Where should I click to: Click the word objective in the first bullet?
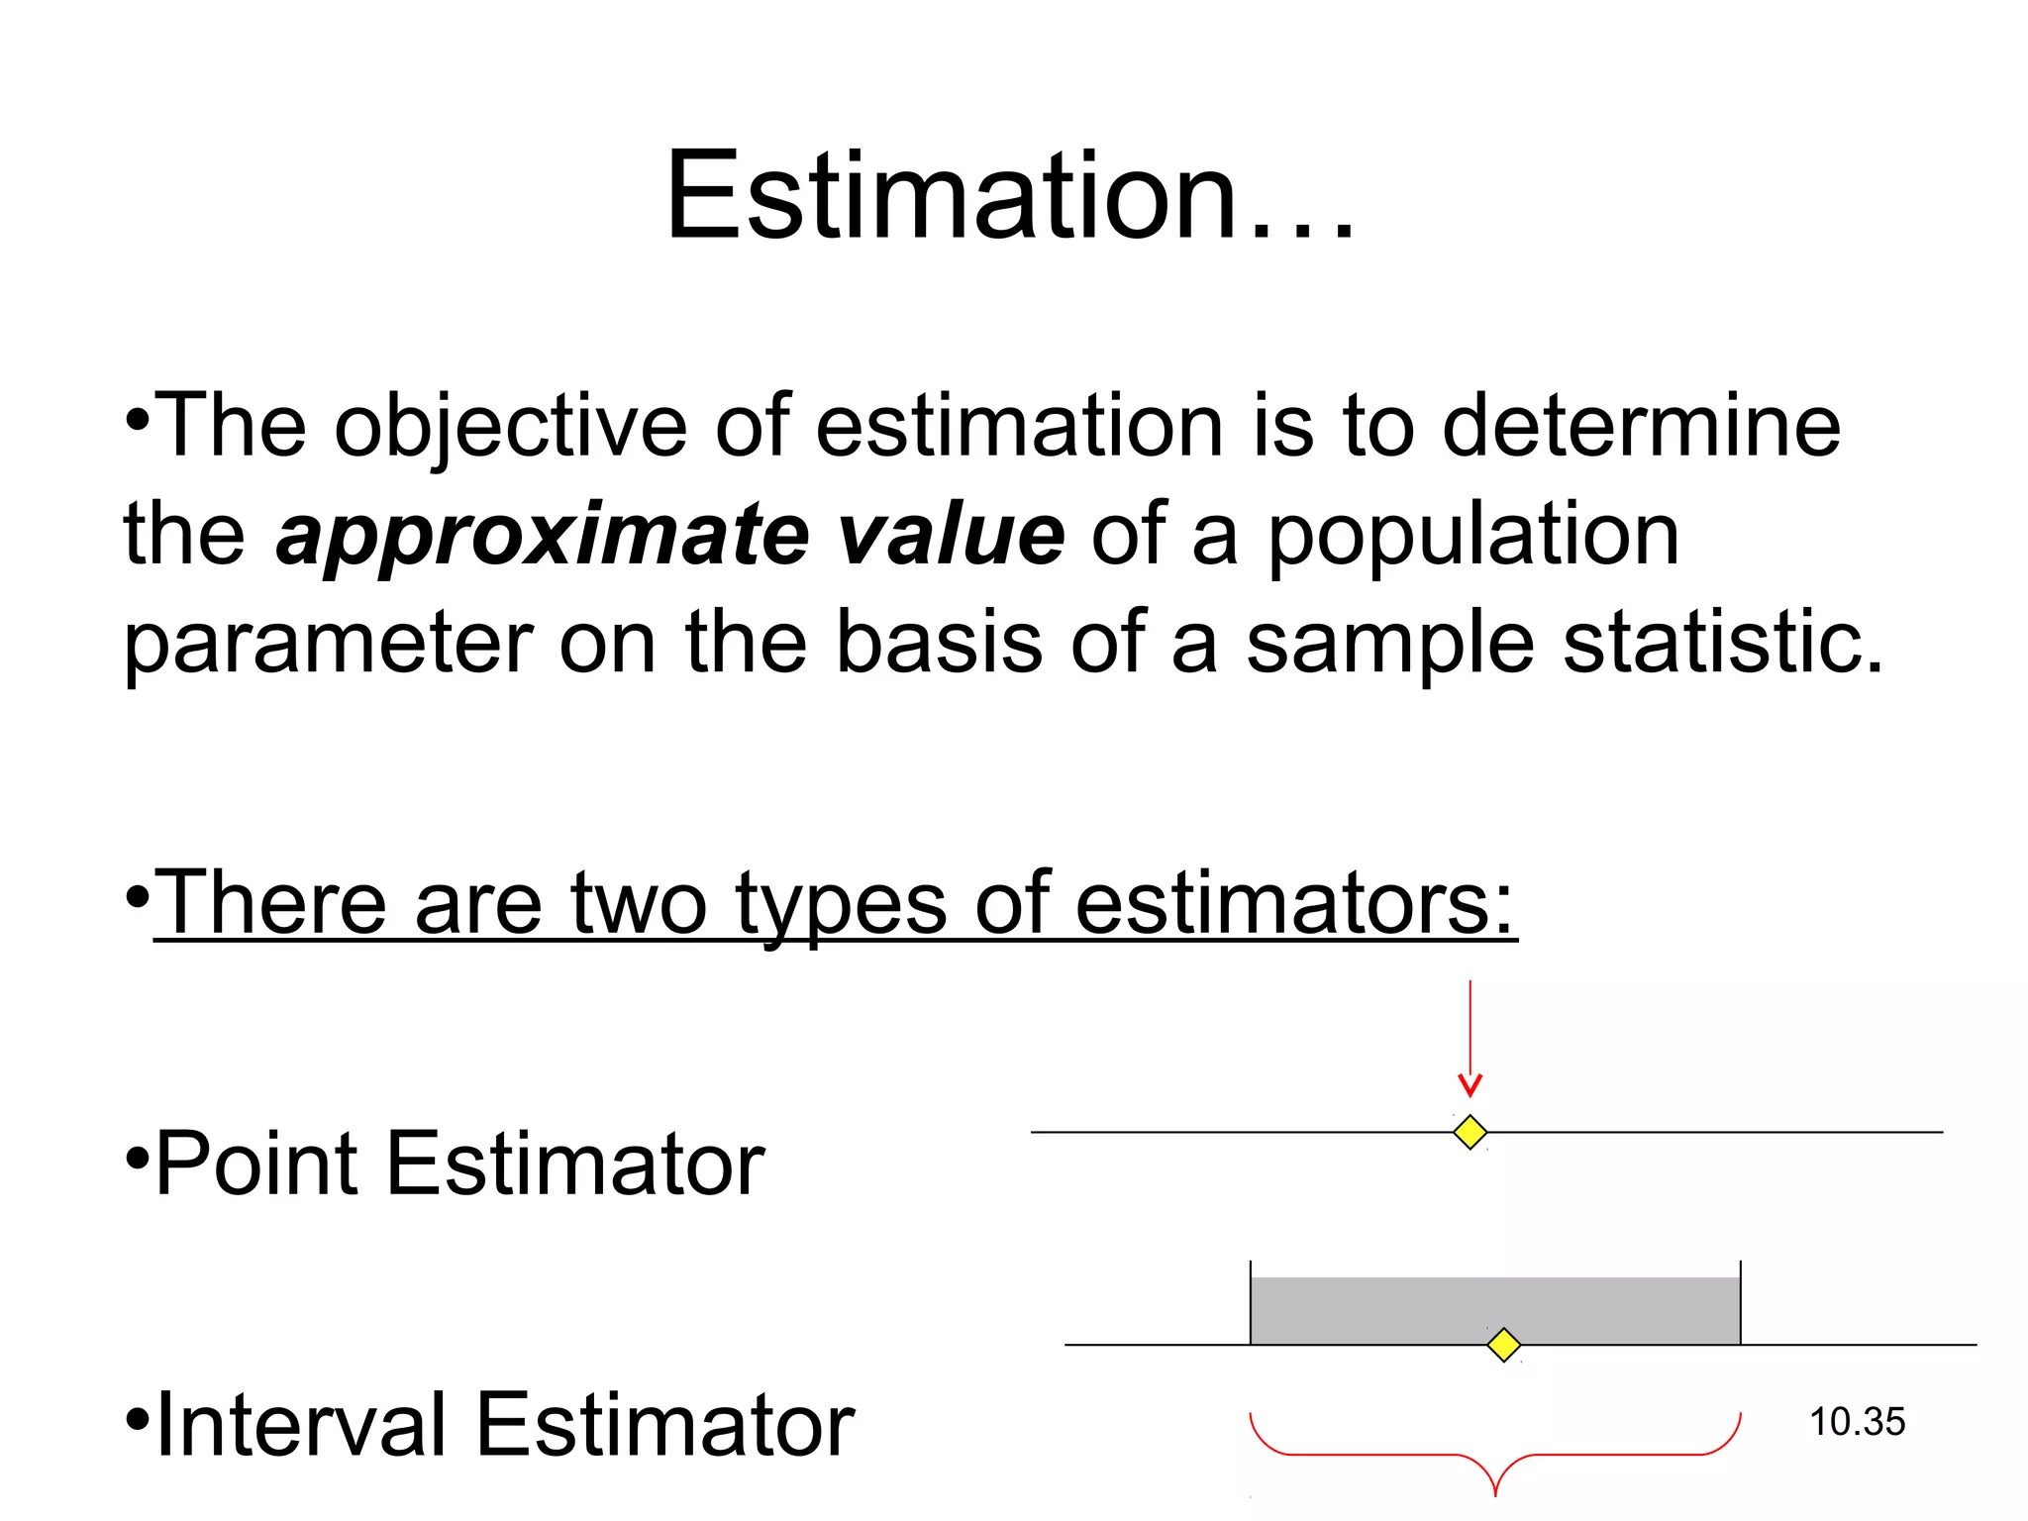pyautogui.click(x=510, y=428)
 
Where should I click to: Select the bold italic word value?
pyautogui.click(x=950, y=535)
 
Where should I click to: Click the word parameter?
pyautogui.click(x=328, y=645)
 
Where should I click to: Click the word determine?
pyautogui.click(x=1641, y=426)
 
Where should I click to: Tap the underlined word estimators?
pyautogui.click(x=1295, y=903)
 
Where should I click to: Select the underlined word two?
pyautogui.click(x=638, y=903)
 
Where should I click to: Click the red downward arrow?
pyautogui.click(x=1470, y=1040)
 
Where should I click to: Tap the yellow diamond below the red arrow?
pyautogui.click(x=1470, y=1132)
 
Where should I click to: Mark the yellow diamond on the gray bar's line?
pyautogui.click(x=1504, y=1345)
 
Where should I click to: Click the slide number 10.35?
pyautogui.click(x=1857, y=1422)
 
